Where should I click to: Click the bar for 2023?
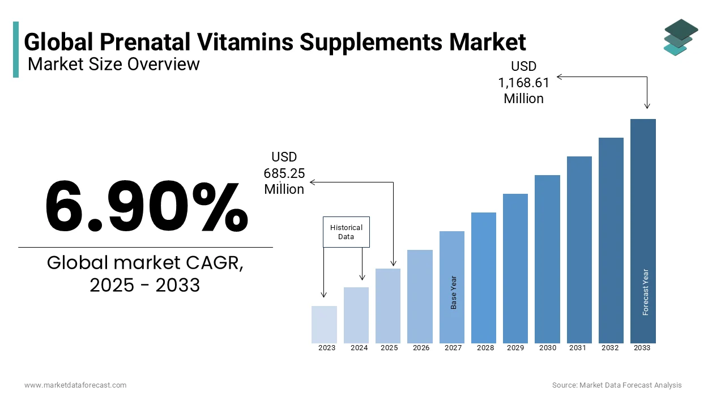coord(324,324)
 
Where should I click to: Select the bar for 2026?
coord(420,296)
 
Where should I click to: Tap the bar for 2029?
coord(515,268)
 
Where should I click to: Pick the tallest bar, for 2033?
coord(643,231)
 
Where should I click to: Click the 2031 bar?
coord(579,249)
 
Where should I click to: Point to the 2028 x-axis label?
coord(485,348)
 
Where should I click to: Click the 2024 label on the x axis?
coord(359,348)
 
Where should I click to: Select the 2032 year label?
coord(611,348)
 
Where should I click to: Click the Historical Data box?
coord(346,232)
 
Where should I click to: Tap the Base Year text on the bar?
coord(453,292)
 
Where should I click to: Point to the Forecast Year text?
coord(645,292)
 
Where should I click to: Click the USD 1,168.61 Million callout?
coord(524,83)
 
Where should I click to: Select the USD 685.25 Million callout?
coord(284,173)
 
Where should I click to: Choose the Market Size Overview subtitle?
coord(114,64)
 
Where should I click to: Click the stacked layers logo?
coord(680,37)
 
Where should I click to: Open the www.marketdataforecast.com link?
coord(75,385)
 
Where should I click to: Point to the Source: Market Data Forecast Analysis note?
coord(617,385)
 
